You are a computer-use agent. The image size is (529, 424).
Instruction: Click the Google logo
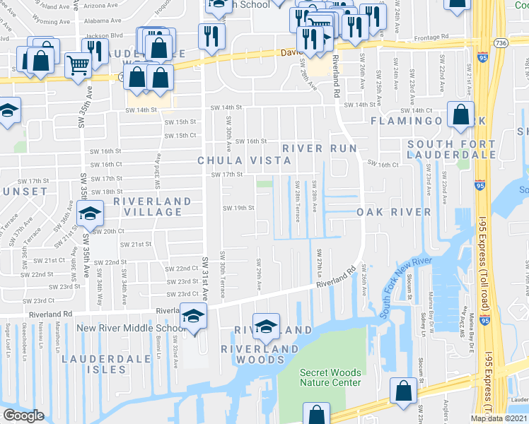tap(24, 416)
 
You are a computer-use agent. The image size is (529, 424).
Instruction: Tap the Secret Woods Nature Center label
tap(330, 377)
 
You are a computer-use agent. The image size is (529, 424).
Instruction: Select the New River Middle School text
tap(132, 328)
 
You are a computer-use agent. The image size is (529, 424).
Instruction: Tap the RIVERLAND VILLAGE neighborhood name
tap(153, 206)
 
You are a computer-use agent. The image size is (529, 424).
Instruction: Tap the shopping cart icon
tap(78, 66)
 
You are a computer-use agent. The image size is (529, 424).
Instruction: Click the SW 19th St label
tap(238, 208)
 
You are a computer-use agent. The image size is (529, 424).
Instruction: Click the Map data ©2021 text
tap(499, 418)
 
